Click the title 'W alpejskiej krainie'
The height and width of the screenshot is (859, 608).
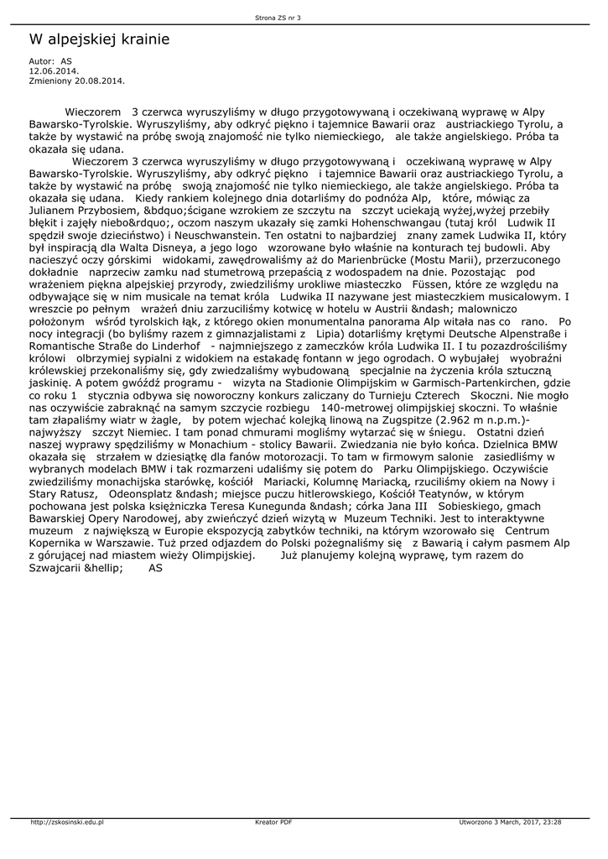coord(99,39)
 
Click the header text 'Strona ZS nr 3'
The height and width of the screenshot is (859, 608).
coord(278,17)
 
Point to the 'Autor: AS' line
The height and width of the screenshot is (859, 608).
coord(50,62)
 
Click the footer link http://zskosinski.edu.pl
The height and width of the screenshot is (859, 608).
coord(66,822)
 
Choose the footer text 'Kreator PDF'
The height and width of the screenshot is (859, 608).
coord(273,822)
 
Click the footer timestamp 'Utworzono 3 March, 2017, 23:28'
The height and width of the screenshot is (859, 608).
coord(510,822)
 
